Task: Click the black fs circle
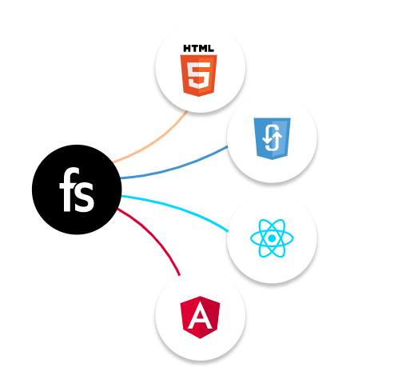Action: [77, 189]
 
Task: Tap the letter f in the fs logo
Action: [69, 189]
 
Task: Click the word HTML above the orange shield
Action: [198, 49]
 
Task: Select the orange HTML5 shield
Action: [199, 75]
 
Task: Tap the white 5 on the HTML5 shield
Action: [199, 75]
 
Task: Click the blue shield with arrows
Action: [272, 138]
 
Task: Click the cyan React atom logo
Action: [272, 238]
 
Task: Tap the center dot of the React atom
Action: [272, 238]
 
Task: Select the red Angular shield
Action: [200, 317]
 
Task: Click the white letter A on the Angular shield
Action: [200, 317]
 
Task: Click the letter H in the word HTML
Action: [187, 49]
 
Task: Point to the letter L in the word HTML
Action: [211, 49]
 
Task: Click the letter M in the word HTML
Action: [203, 49]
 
